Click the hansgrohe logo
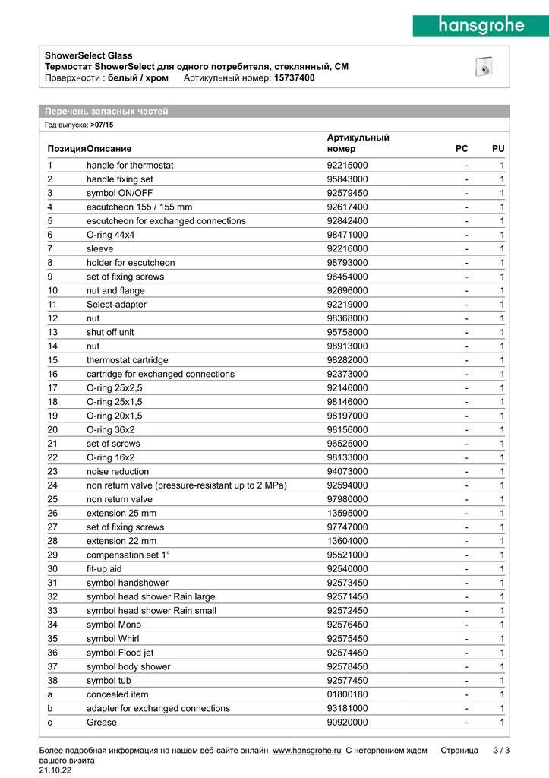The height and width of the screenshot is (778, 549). pos(480,26)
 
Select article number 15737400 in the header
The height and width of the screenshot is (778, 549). pos(294,77)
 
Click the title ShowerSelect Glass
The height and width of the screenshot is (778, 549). pos(88,55)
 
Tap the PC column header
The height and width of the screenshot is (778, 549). pos(462,148)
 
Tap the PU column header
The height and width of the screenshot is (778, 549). pos(498,148)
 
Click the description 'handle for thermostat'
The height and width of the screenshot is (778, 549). pos(130,165)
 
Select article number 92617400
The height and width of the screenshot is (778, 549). pos(347,207)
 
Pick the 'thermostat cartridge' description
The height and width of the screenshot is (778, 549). pos(128,359)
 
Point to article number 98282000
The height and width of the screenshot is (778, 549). pos(347,359)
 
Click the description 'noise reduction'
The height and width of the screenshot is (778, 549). pos(118,471)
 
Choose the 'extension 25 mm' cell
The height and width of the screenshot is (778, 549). pos(121,513)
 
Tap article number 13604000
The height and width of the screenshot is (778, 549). pos(347,541)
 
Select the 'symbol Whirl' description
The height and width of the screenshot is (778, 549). pos(112,638)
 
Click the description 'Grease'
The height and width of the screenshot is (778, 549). pos(102,722)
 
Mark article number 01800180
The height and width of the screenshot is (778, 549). pos(347,694)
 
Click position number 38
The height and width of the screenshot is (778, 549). pos(52,680)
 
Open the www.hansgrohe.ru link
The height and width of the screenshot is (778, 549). pos(307,751)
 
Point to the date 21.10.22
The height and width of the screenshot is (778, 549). pos(58,770)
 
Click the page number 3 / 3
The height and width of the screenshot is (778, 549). pos(501,751)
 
